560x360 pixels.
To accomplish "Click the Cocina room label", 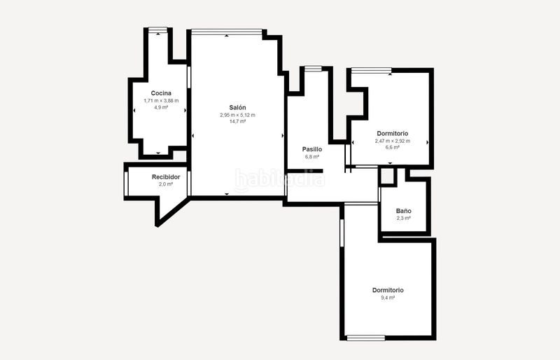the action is coord(161,93).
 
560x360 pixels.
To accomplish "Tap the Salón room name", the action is coord(237,108).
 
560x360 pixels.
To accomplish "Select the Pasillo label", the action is coord(312,149).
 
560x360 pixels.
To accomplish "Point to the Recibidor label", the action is coord(166,177).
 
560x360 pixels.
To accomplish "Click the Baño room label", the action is coord(404,211).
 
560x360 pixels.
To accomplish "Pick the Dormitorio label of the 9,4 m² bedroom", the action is coord(388,290).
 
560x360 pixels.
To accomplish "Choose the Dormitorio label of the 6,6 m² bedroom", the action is coord(393,134).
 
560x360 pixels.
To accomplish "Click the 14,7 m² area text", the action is coord(237,122).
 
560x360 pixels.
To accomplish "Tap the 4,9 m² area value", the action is coord(161,107).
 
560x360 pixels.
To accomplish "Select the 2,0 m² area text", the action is coord(166,184).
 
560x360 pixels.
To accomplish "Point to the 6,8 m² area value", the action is coord(312,157).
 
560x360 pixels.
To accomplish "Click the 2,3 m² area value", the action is coord(404,219).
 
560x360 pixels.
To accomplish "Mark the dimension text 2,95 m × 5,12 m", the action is coord(237,115).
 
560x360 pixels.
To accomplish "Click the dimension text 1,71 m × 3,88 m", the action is coord(161,101).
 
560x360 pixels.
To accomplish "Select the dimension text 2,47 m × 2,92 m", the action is coord(393,141).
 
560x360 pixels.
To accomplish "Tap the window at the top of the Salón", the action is coord(227,32).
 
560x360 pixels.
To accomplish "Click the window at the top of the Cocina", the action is coord(158,29).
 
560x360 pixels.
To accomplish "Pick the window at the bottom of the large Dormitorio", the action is coord(365,338).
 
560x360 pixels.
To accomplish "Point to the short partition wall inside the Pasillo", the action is coord(305,171).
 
